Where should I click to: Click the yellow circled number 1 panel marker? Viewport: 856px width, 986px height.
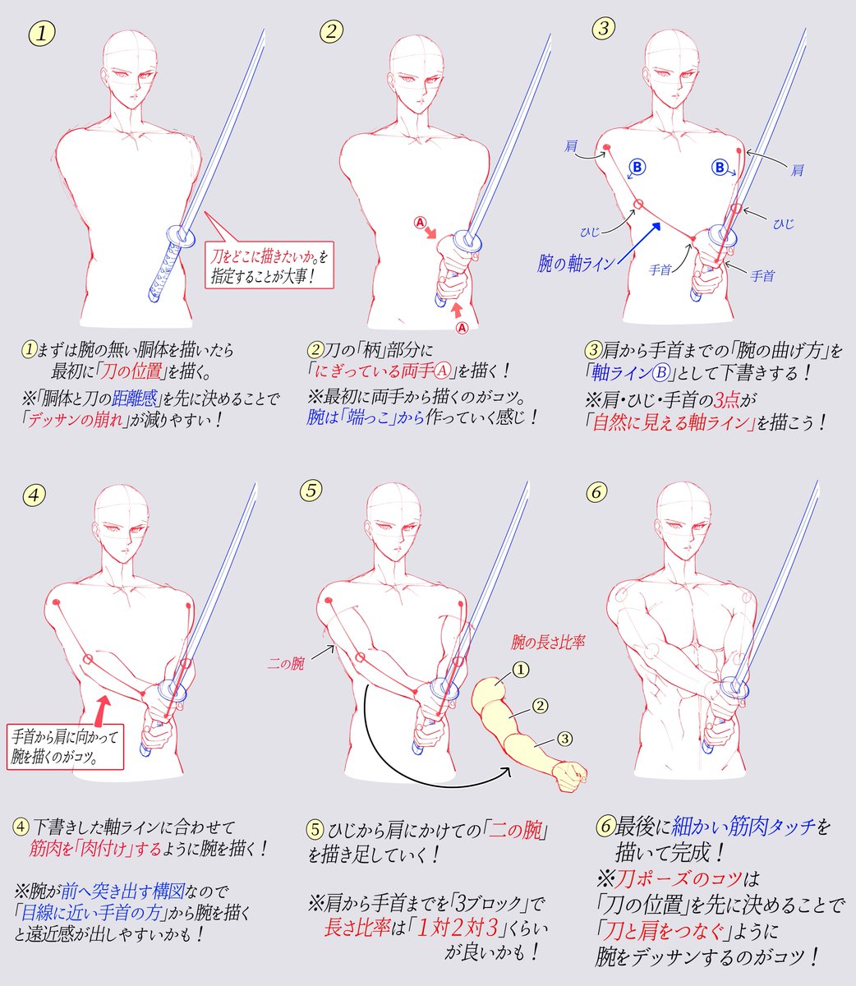41,34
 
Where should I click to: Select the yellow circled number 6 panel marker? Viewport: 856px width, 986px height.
597,492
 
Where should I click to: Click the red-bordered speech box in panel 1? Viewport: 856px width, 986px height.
269,264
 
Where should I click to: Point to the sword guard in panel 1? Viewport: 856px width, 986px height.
180,236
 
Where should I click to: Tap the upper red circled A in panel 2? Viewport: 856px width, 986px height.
421,223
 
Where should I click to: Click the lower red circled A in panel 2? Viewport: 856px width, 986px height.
462,328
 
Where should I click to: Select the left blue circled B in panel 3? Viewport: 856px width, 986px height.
637,168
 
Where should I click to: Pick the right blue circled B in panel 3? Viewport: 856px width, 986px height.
719,168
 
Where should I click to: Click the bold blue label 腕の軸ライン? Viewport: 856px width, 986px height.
576,264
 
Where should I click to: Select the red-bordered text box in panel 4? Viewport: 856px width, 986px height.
65,747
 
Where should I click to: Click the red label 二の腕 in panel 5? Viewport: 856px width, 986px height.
286,665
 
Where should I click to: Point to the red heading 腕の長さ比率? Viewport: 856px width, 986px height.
548,643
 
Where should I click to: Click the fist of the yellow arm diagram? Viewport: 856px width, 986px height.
570,776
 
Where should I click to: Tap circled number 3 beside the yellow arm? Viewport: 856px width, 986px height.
564,739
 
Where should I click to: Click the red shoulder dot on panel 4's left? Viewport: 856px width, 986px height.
56,602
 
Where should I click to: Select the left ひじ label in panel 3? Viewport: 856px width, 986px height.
590,233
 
